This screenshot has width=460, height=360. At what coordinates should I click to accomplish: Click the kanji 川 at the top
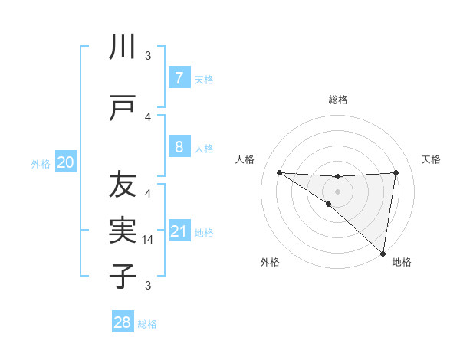[123, 47]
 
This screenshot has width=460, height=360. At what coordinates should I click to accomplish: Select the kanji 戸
[123, 109]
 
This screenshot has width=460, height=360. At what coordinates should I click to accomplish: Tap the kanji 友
[123, 185]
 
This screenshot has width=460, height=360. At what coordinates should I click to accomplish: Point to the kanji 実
[123, 231]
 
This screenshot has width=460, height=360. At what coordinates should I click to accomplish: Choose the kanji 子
[123, 276]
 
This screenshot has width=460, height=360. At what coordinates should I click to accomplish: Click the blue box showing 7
[179, 77]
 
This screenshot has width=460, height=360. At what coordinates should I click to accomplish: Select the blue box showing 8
[179, 146]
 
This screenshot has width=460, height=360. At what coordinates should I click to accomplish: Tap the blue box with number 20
[66, 162]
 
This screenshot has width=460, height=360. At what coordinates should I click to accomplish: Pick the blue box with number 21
[179, 231]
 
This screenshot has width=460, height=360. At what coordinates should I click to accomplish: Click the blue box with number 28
[123, 322]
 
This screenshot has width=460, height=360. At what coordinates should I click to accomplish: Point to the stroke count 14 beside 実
[149, 240]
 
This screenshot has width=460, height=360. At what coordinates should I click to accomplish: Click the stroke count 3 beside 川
[149, 56]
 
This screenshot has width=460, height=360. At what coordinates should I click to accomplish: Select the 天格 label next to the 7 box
[204, 79]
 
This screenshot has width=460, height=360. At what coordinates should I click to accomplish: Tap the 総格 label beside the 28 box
[147, 324]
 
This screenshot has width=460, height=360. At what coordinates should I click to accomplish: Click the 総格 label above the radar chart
[337, 100]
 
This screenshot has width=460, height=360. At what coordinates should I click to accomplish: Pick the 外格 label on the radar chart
[269, 262]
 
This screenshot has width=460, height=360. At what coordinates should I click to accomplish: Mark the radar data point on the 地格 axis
[383, 253]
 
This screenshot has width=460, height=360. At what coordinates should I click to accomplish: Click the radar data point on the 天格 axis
[396, 172]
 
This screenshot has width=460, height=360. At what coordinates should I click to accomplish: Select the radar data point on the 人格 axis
[279, 172]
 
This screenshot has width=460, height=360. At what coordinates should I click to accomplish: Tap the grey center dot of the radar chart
[337, 190]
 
